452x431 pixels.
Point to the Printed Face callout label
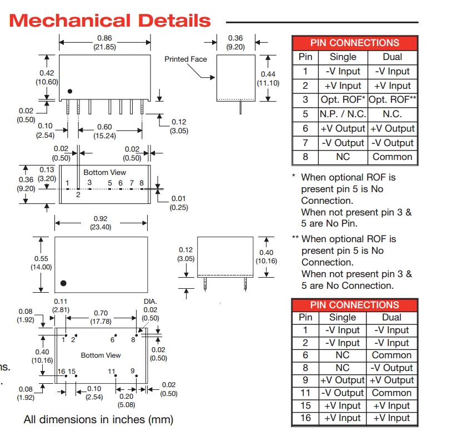coord(185,59)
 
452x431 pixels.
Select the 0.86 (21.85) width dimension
coord(104,43)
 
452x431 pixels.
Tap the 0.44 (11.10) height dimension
coord(268,78)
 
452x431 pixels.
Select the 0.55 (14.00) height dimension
coord(41,263)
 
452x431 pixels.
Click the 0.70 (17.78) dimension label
coord(101,317)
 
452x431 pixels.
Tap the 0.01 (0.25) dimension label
coord(179,203)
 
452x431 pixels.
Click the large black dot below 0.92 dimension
coord(63,283)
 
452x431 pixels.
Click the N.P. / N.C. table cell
coord(343,114)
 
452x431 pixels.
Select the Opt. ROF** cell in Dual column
coord(392,100)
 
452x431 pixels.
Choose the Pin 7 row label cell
coord(305,143)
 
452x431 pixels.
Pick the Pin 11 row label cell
coord(305,393)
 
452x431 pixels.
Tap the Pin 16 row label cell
coord(305,418)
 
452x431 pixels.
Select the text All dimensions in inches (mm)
coord(98,420)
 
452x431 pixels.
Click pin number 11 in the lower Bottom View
coord(112,371)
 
